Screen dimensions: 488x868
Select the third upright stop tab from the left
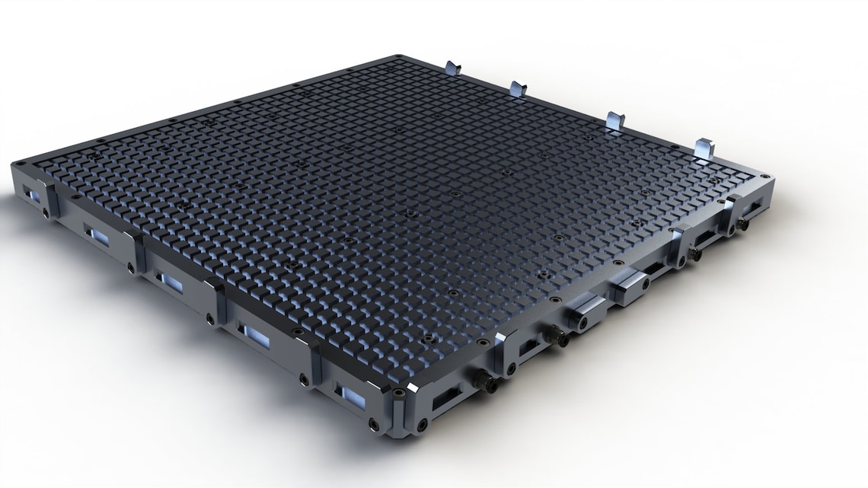pyautogui.click(x=614, y=120)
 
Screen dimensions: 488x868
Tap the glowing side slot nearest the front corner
pyautogui.click(x=353, y=394)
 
